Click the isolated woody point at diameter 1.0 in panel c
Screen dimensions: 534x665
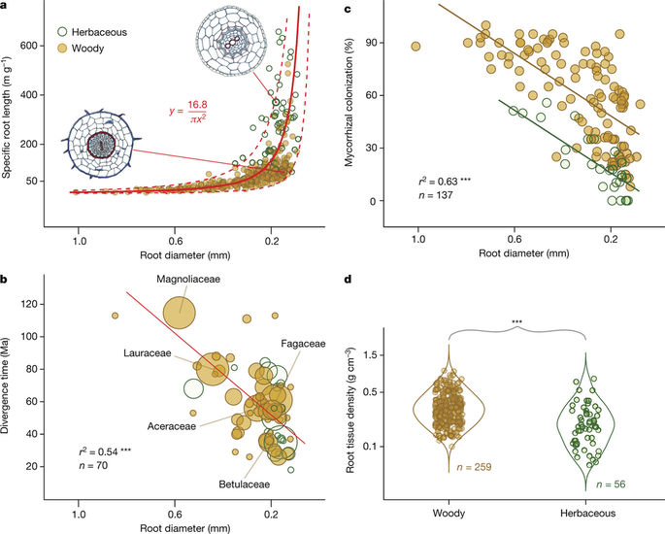click(x=416, y=46)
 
